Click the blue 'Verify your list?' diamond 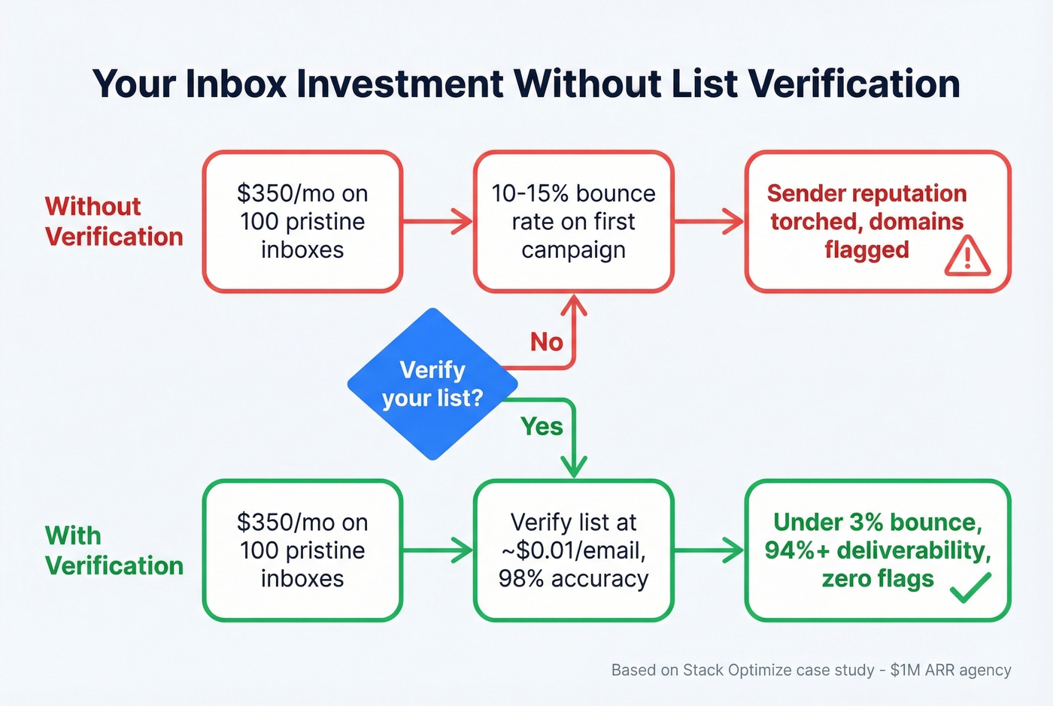point(432,383)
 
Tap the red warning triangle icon point(967,256)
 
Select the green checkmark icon point(970,586)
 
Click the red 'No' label point(546,342)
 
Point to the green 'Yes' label point(542,426)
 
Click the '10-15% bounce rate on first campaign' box point(573,221)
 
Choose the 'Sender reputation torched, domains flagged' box point(877,221)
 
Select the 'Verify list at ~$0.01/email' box point(573,550)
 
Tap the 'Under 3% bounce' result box point(877,550)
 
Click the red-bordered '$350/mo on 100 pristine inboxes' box point(302,221)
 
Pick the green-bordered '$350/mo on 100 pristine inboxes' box point(302,550)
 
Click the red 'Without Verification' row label point(114,221)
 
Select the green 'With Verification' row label point(114,550)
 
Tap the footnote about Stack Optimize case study point(811,670)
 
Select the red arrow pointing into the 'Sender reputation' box point(709,221)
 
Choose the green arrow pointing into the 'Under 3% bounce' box point(709,550)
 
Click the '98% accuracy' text point(573,579)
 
